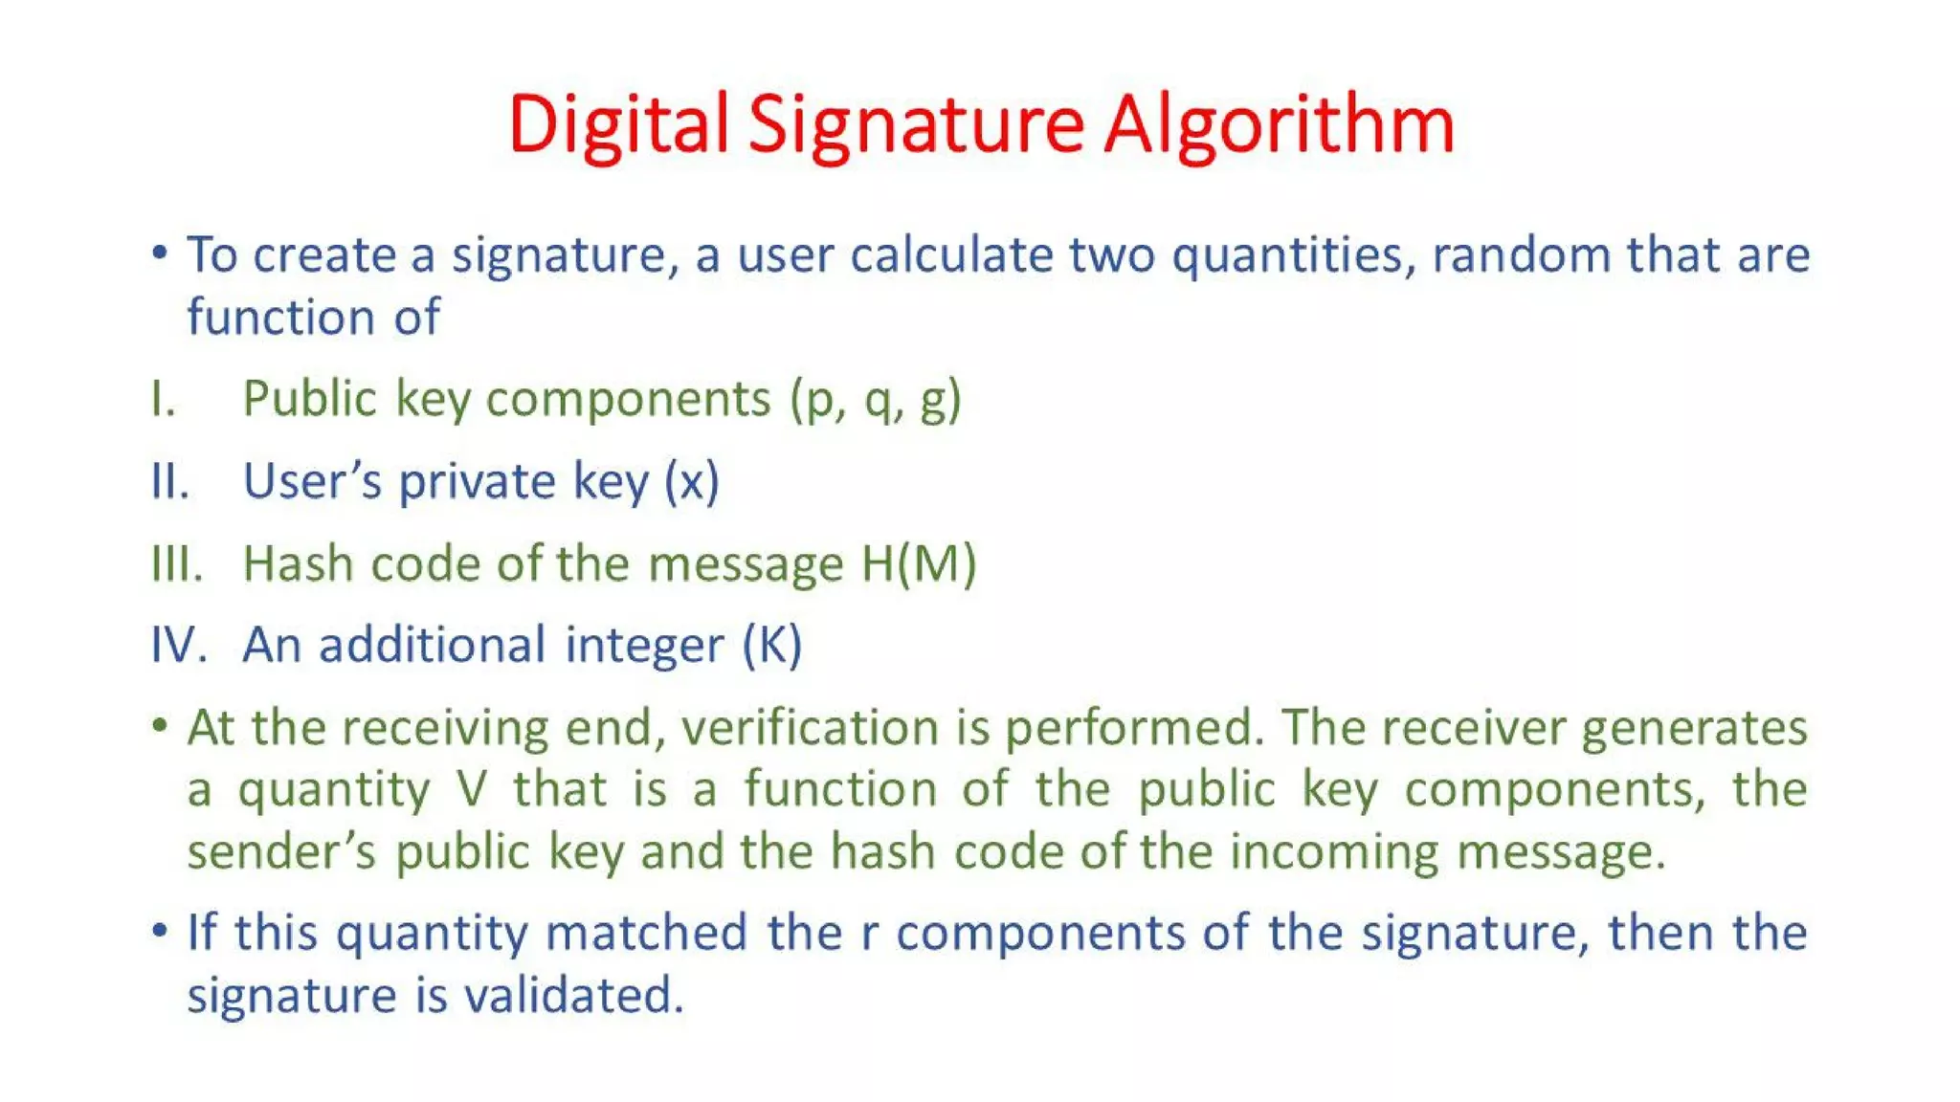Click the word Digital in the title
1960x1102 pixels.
[x=617, y=125]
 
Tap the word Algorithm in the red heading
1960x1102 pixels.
[x=1279, y=125]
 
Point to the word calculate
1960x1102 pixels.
[x=951, y=255]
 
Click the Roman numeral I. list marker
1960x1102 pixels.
[x=163, y=399]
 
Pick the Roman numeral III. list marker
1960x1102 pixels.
[x=177, y=563]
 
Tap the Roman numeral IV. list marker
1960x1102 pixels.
[x=179, y=645]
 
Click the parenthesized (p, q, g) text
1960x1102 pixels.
[x=875, y=400]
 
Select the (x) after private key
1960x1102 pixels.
[x=691, y=481]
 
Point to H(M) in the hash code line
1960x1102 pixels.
[x=918, y=563]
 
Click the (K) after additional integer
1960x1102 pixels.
[x=771, y=645]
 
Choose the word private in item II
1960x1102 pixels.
[x=476, y=481]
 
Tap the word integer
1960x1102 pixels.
[x=644, y=645]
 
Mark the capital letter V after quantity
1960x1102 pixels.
[x=472, y=790]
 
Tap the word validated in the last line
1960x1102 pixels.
[x=574, y=996]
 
